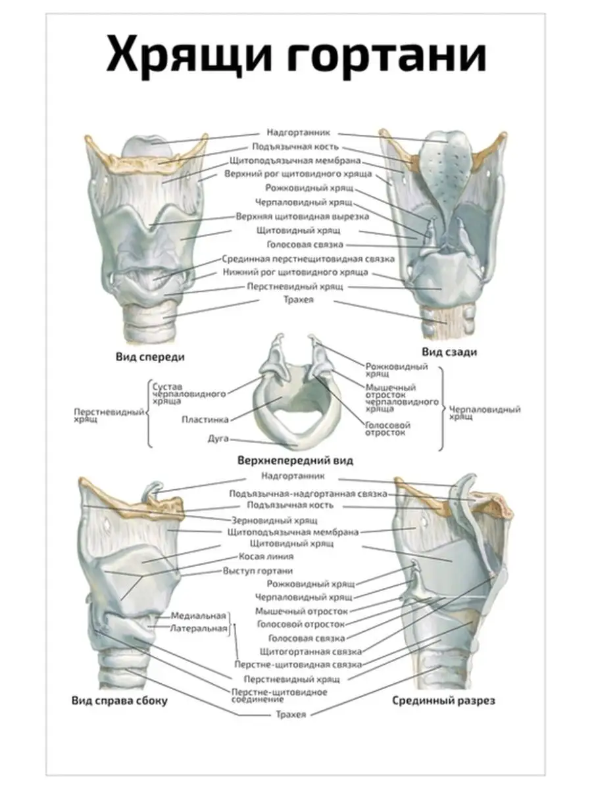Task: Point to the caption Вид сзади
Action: coord(451,352)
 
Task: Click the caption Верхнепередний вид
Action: coord(296,460)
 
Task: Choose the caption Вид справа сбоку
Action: coord(120,701)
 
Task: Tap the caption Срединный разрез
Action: coord(444,701)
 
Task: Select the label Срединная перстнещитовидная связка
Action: coord(308,258)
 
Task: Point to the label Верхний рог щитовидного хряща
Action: coord(298,174)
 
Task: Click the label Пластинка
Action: coord(205,418)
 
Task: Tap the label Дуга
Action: coord(218,437)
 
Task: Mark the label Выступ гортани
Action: coord(257,571)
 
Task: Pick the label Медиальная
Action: coord(198,616)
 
